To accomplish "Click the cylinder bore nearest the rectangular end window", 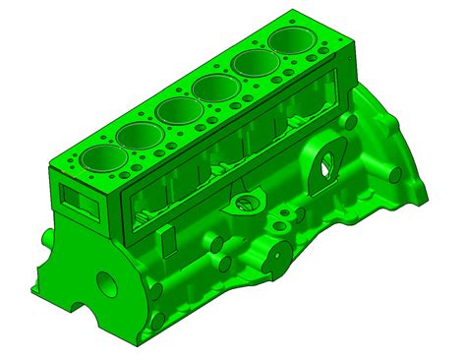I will click(97, 157).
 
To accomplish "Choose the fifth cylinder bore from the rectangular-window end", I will click(254, 66).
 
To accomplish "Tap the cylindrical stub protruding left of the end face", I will click(46, 239).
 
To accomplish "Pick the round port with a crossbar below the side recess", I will click(242, 205).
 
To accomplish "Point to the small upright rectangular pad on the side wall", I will click(170, 239).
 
